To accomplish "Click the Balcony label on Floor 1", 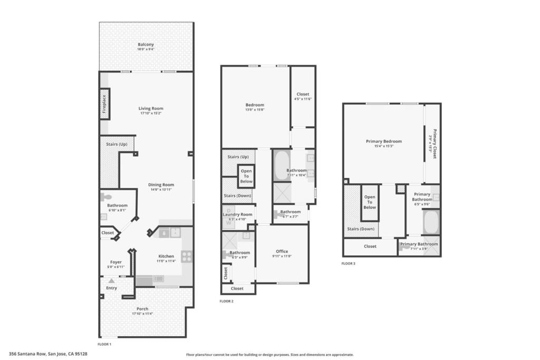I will [x=146, y=44].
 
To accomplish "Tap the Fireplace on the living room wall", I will [x=104, y=103].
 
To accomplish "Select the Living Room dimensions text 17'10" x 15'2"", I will [x=151, y=113].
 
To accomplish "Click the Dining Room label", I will [x=161, y=185].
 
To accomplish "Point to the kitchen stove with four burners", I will [x=187, y=257].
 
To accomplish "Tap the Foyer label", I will [x=116, y=262].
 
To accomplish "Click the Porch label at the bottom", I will [x=142, y=309].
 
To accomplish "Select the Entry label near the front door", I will [x=112, y=288].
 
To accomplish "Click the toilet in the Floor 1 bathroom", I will [x=104, y=197].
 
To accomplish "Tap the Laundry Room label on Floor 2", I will [x=237, y=214].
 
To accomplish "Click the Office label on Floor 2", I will [x=282, y=251].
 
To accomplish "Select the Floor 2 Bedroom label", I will [x=255, y=105].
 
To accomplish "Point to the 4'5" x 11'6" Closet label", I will [x=303, y=94].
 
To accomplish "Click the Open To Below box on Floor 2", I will [x=246, y=176].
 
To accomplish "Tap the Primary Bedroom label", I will [x=384, y=141].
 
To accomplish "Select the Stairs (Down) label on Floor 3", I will [x=361, y=229].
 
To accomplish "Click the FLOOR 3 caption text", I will [x=349, y=263].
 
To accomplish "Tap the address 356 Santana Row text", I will [x=48, y=354].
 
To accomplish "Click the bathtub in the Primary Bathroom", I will [x=431, y=222].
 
